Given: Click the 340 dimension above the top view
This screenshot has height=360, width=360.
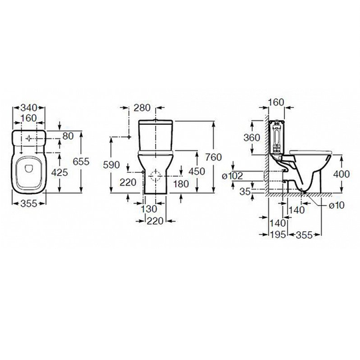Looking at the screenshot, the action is pyautogui.click(x=29, y=107).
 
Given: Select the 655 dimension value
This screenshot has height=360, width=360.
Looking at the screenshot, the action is pyautogui.click(x=81, y=162).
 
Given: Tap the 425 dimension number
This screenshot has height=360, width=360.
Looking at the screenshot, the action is pyautogui.click(x=59, y=172).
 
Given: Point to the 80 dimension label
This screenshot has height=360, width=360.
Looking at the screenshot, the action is pyautogui.click(x=68, y=136).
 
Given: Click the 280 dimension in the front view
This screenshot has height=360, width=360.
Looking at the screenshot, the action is pyautogui.click(x=142, y=108).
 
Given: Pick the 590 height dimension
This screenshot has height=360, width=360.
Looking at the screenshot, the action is pyautogui.click(x=111, y=165).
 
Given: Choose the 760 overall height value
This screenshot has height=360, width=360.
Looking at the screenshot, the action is pyautogui.click(x=213, y=157).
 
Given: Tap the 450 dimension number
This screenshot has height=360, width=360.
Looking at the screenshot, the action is pyautogui.click(x=197, y=171).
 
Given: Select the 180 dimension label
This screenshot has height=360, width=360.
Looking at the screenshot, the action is pyautogui.click(x=181, y=184).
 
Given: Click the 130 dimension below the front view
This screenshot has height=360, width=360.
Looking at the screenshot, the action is pyautogui.click(x=149, y=209).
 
